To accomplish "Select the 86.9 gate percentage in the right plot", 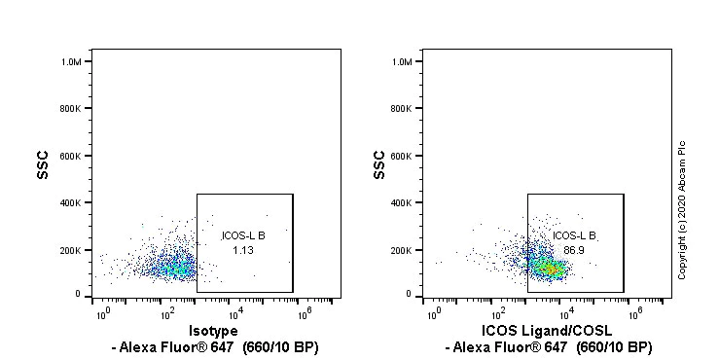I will click(x=573, y=250).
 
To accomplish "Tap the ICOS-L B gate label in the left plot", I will click(x=243, y=235).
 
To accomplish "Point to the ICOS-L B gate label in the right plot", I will click(x=574, y=235).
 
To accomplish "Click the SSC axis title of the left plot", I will click(x=42, y=171).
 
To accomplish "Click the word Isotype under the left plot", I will click(x=212, y=331).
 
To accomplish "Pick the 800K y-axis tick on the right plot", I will click(x=408, y=109).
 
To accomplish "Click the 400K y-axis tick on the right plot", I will click(x=408, y=202).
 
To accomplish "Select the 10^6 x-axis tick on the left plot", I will click(x=302, y=313).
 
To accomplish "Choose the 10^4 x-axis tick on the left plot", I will click(x=234, y=313).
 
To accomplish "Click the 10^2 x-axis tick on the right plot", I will click(x=499, y=313).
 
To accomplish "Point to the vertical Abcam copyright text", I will click(x=682, y=209).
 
